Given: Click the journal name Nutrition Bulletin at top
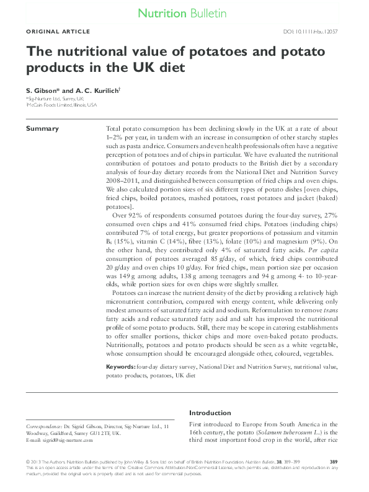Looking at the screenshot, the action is pyautogui.click(x=182, y=12).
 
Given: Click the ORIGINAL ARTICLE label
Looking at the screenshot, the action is pyautogui.click(x=58, y=32).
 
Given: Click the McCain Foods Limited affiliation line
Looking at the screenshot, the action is pyautogui.click(x=61, y=105).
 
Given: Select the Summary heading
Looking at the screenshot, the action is pyautogui.click(x=42, y=129).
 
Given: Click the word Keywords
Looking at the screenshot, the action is pyautogui.click(x=121, y=367).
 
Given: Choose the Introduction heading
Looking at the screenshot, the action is pyautogui.click(x=210, y=413).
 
